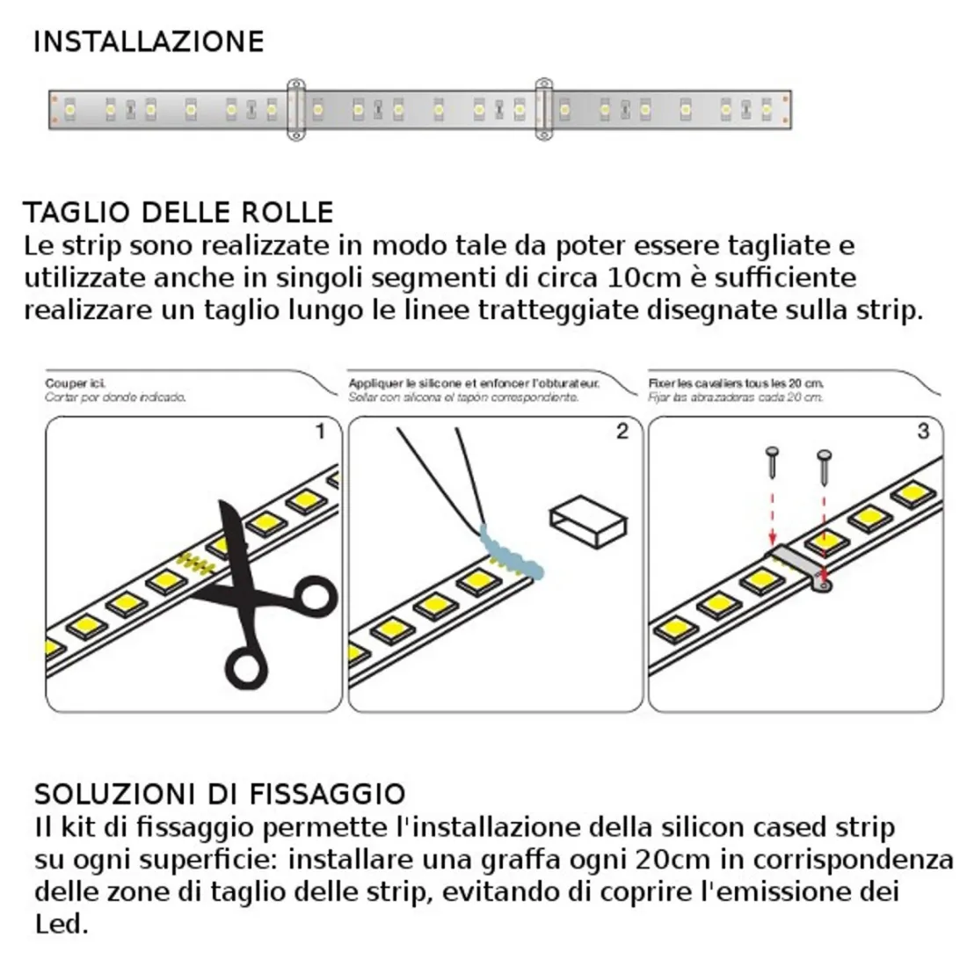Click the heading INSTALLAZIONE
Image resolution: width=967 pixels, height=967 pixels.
[x=148, y=41]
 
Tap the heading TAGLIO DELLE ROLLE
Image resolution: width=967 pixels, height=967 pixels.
[x=178, y=213]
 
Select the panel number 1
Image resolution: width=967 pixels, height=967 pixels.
[x=320, y=431]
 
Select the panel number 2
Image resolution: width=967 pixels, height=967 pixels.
[x=622, y=431]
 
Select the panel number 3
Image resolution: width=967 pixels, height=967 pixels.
[x=921, y=431]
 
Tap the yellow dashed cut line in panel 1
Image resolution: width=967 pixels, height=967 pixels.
[x=198, y=563]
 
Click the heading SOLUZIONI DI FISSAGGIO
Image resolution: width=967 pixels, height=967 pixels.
[x=220, y=793]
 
